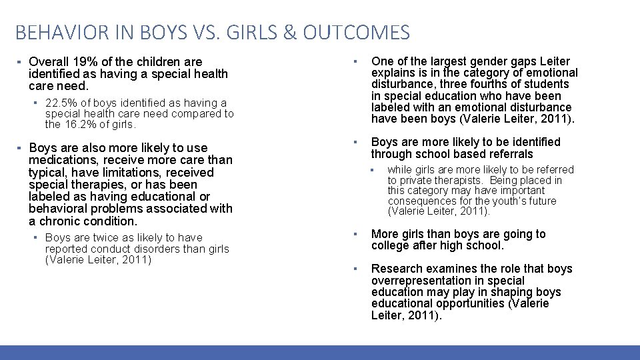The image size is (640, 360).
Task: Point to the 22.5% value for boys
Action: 59,103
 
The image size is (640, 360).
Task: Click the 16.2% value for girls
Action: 85,124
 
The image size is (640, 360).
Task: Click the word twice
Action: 107,237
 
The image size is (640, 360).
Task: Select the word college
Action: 391,245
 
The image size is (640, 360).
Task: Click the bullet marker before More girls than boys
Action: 357,234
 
